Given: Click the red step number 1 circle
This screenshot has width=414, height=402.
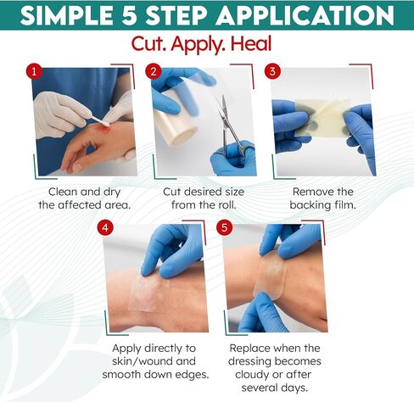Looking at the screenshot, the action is pyautogui.click(x=34, y=72).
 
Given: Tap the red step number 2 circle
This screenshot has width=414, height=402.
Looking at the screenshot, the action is pyautogui.click(x=154, y=71).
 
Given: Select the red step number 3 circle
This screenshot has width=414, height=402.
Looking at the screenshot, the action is pyautogui.click(x=272, y=71).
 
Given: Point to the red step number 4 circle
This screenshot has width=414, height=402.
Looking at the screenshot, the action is pyautogui.click(x=105, y=228).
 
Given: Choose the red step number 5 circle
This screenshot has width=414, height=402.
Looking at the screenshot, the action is pyautogui.click(x=225, y=228).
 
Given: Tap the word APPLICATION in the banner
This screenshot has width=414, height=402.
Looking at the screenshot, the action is pyautogui.click(x=305, y=15).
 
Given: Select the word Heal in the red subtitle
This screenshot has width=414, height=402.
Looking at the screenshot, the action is pyautogui.click(x=251, y=44).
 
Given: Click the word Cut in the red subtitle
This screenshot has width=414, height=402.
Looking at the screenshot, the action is pyautogui.click(x=148, y=44).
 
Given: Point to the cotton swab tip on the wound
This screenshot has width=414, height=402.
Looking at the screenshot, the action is pyautogui.click(x=105, y=124).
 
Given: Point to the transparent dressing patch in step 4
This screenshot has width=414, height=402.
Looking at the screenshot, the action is pyautogui.click(x=148, y=294).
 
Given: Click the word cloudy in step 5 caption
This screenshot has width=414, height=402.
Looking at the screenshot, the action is pyautogui.click(x=251, y=375).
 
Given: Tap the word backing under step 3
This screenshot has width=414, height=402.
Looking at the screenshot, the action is pyautogui.click(x=310, y=205).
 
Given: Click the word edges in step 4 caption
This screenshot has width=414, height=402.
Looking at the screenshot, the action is pyautogui.click(x=191, y=375).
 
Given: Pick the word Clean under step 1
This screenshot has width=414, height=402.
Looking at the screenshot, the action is pyautogui.click(x=63, y=192).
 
